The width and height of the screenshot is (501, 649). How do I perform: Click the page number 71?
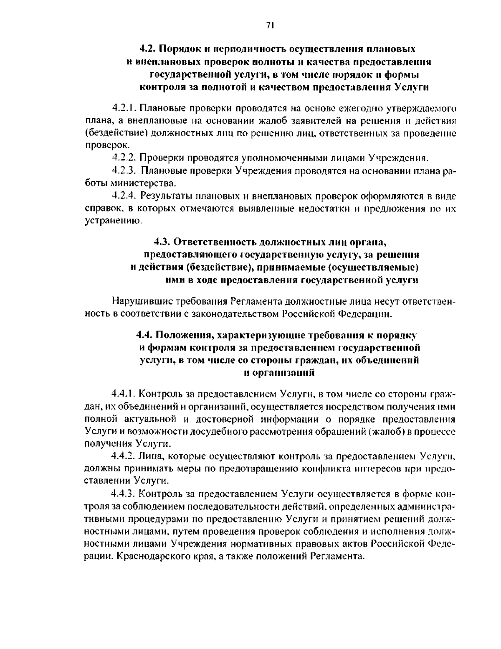point(269,25)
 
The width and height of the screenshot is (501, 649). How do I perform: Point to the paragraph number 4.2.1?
point(124,109)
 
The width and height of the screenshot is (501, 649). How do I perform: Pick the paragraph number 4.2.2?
point(124,158)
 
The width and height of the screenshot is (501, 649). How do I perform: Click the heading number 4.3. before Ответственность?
point(162,242)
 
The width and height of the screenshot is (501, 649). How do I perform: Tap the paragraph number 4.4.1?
point(124,394)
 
